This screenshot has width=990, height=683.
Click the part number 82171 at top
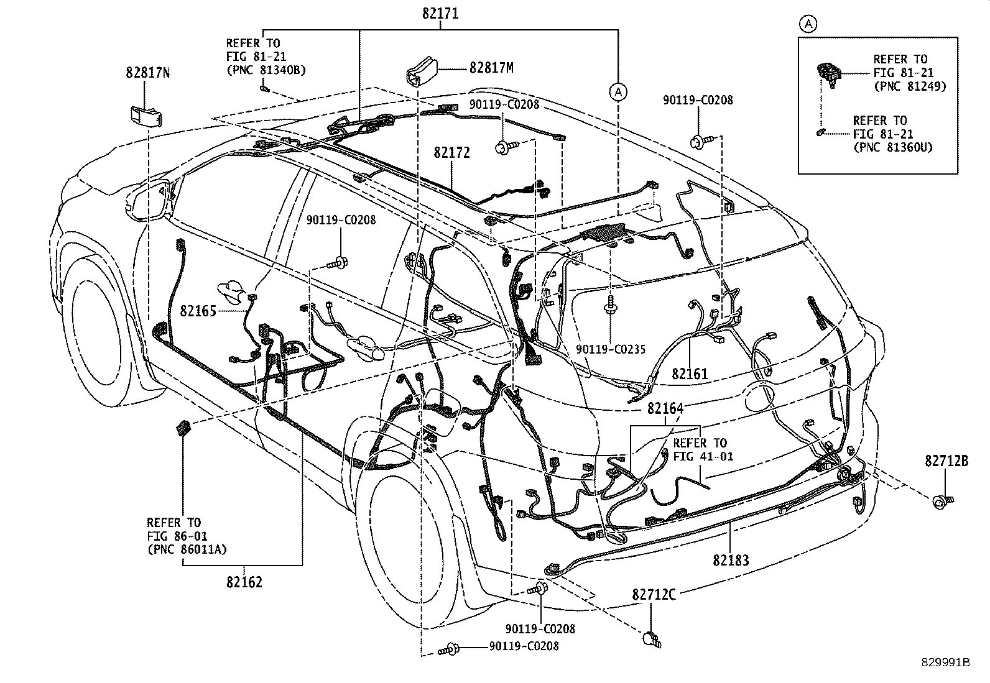[x=440, y=14]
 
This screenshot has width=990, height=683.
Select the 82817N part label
[x=147, y=73]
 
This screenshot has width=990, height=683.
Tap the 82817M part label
[x=491, y=68]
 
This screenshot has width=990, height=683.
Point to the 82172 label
[x=451, y=152]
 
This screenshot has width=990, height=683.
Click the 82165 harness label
[x=198, y=311]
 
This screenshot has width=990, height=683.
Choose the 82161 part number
[x=690, y=374]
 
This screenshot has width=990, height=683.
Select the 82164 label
[x=665, y=408]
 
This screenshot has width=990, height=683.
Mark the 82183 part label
[x=731, y=560]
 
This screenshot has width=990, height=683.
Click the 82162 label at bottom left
[x=244, y=582]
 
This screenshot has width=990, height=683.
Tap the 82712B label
[x=946, y=461]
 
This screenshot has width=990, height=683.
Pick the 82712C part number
[x=654, y=595]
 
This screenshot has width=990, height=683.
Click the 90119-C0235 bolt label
[x=611, y=349]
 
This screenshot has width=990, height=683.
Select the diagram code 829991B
[x=946, y=662]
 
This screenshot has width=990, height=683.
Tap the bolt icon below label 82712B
[x=943, y=501]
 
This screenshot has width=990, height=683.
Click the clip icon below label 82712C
[x=652, y=639]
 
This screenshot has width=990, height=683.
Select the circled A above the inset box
[x=808, y=24]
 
